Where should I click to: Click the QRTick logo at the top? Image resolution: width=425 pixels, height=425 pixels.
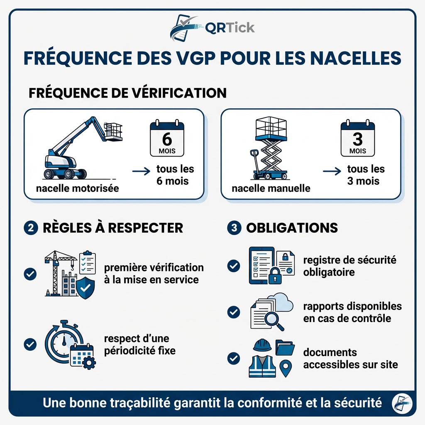click(x=212, y=27)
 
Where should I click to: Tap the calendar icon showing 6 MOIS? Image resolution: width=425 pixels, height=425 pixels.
click(x=167, y=138)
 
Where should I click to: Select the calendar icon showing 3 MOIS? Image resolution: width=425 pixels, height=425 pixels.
click(x=357, y=138)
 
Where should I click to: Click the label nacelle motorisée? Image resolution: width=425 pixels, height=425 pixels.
click(x=78, y=188)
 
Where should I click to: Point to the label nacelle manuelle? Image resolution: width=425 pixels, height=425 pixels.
click(x=271, y=188)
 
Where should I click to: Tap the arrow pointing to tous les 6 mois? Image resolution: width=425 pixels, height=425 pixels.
click(x=141, y=171)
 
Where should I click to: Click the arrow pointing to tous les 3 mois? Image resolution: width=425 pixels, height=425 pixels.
click(x=332, y=171)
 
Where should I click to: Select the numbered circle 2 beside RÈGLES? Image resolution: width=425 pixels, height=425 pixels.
click(x=30, y=228)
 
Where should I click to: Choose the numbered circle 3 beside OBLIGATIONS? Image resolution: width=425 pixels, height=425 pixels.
click(x=234, y=228)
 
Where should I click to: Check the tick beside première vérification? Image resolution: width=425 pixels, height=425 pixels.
click(x=30, y=274)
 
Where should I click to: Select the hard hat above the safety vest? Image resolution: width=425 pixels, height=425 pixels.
click(x=262, y=345)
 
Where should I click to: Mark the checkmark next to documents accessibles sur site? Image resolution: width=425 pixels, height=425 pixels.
click(x=234, y=358)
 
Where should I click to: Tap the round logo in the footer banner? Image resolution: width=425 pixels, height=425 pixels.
click(x=401, y=403)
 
